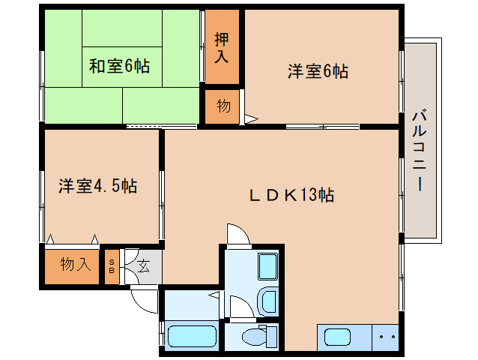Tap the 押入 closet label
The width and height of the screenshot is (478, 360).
pos(222,46)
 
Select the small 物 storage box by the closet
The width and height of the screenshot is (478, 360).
pos(223,106)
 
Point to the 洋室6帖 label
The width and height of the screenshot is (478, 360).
pos(318,71)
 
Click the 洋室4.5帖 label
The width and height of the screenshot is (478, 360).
pos(97,186)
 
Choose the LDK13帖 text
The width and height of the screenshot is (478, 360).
pos(291,195)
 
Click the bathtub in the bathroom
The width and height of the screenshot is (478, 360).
pos(192,337)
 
